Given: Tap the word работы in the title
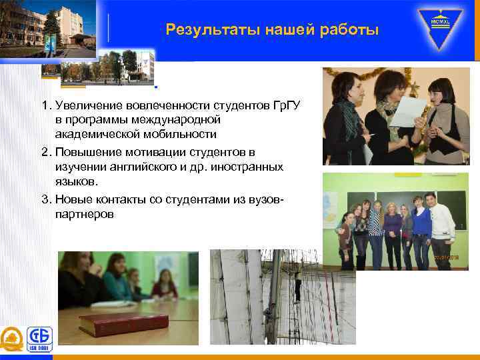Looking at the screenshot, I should tap(351, 30).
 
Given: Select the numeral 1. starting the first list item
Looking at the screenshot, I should tap(46, 106).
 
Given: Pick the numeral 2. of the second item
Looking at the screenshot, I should tap(46, 153).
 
